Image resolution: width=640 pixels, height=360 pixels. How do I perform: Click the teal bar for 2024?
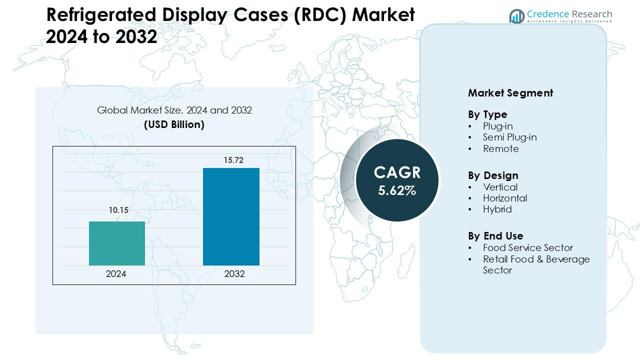(116, 243)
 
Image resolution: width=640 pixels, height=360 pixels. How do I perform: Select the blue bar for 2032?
(231, 216)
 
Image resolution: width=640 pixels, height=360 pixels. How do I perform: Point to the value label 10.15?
(119, 210)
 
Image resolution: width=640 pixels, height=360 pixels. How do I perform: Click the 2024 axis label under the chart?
(116, 274)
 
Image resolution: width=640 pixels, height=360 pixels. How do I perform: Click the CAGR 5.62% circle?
(396, 180)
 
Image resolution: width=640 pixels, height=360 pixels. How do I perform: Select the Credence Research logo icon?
(516, 16)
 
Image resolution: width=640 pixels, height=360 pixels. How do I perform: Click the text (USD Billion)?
(174, 124)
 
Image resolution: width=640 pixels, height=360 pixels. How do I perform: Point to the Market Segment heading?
(510, 93)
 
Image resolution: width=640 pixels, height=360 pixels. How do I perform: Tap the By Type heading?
(487, 114)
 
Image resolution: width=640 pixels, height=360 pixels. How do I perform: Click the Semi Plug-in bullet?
(509, 137)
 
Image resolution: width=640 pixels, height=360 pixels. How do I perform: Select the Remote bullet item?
(500, 148)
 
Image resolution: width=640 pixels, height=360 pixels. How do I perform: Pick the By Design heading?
(493, 175)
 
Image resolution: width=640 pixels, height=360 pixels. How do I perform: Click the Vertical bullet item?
(500, 187)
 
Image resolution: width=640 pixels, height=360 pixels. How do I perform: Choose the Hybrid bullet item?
(497, 209)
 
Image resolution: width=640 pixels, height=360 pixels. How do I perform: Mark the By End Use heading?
(495, 236)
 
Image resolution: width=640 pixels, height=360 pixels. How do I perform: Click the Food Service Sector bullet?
(527, 247)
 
